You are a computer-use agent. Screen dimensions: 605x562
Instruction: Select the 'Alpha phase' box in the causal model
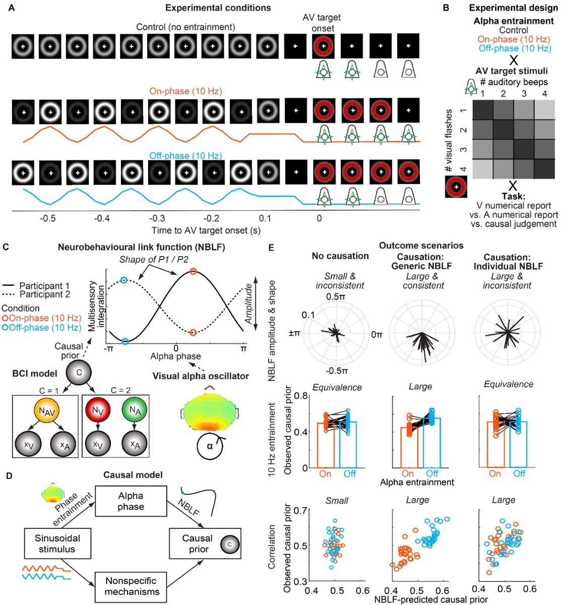tap(131, 501)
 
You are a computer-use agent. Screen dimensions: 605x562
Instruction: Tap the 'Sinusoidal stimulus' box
tap(57, 543)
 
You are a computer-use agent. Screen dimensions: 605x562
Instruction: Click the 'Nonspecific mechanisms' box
tap(132, 586)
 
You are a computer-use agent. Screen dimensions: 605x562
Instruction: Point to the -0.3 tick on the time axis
tap(157, 218)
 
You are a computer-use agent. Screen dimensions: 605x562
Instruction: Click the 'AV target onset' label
tap(322, 23)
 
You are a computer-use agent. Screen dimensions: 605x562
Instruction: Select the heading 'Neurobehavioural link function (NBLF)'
tap(141, 247)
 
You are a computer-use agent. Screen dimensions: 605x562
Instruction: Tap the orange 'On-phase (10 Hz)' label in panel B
tap(514, 39)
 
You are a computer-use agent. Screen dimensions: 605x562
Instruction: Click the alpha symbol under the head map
tap(210, 446)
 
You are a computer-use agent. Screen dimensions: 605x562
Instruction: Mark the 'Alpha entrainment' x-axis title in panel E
tap(417, 482)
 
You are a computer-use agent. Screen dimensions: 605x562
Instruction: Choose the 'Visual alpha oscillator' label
tap(194, 376)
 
